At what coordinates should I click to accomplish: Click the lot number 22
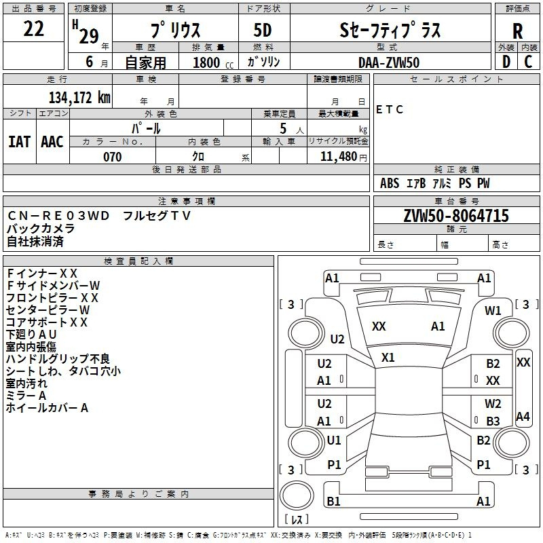point(33,29)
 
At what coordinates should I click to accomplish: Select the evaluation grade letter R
point(517,31)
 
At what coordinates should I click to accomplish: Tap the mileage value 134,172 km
point(79,98)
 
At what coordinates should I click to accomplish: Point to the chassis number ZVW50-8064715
point(456,216)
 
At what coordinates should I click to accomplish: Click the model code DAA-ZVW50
point(389,62)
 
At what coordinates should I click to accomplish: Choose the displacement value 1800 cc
point(213,62)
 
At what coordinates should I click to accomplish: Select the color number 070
point(113,157)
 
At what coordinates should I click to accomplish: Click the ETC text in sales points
point(390,110)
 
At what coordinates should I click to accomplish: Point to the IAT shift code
point(20,142)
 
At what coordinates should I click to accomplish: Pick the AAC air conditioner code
point(52,142)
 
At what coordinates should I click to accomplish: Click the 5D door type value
point(263,31)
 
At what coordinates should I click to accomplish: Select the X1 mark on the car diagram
point(388,358)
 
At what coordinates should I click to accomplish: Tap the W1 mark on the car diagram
point(493,311)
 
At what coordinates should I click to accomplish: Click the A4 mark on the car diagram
point(523,416)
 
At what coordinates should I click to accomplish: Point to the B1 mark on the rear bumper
point(333,501)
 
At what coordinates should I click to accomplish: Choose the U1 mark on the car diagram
point(334,440)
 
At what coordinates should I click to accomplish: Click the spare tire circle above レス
point(297,495)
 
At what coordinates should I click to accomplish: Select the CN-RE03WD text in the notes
point(58,216)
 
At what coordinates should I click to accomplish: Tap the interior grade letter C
point(528,62)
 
